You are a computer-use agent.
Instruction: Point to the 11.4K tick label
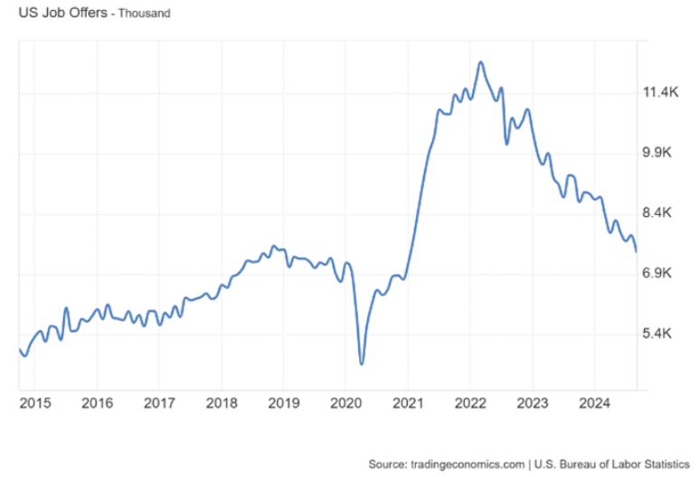tap(660, 92)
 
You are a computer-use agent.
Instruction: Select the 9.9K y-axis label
tap(660, 153)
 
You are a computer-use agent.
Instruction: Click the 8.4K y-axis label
tap(660, 213)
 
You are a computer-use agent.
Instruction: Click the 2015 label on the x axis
tap(33, 403)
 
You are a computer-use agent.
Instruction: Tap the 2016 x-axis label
tap(97, 403)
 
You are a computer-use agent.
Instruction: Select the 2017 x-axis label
tap(159, 403)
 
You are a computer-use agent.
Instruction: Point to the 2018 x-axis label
tap(222, 403)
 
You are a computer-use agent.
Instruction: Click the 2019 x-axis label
tap(284, 403)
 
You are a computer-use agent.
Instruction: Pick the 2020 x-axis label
tap(346, 403)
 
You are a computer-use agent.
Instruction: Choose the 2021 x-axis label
tap(409, 403)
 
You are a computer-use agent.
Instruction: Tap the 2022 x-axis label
tap(471, 403)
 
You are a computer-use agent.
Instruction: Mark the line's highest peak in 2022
tap(480, 62)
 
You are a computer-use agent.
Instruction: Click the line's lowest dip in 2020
tap(362, 364)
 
